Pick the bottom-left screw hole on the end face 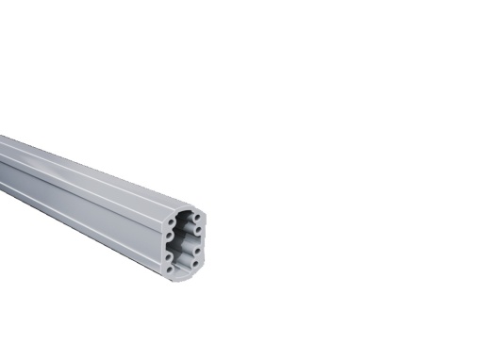pyautogui.click(x=171, y=269)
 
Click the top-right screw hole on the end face pyautogui.click(x=196, y=218)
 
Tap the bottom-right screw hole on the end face pyautogui.click(x=195, y=264)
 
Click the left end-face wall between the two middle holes pyautogui.click(x=168, y=246)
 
